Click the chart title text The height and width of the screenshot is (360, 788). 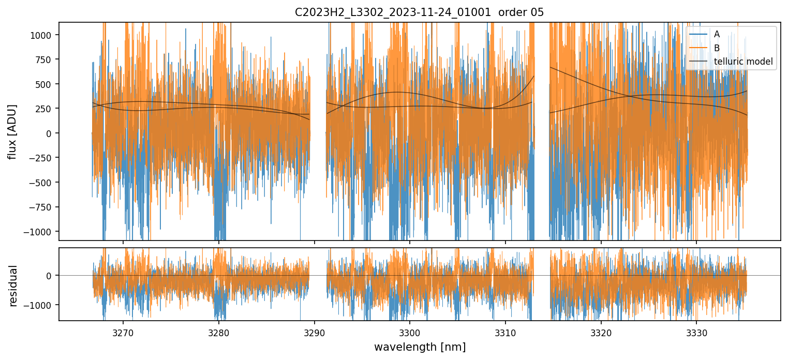[x=419, y=12]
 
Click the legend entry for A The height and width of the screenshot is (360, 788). [x=717, y=34]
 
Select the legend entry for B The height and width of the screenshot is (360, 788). [x=717, y=48]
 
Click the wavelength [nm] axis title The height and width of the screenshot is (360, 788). [x=420, y=347]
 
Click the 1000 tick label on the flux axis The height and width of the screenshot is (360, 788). [x=44, y=35]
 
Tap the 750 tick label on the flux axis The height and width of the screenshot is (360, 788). [x=47, y=59]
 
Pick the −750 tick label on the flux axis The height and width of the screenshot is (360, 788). [x=43, y=207]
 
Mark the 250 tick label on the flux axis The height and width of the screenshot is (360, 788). [x=47, y=109]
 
